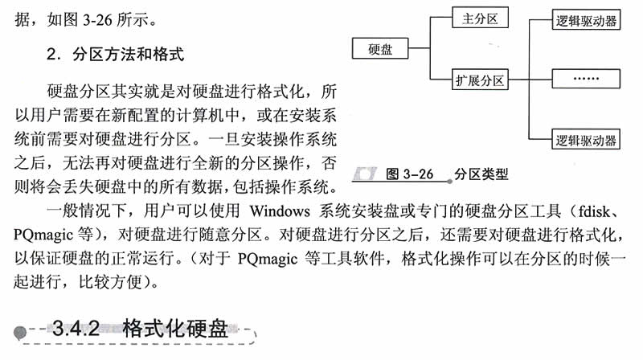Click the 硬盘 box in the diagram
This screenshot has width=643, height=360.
(x=380, y=48)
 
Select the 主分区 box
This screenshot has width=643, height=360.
(x=480, y=18)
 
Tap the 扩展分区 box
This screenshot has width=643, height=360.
(x=480, y=80)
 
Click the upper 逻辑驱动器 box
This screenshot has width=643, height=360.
(x=586, y=20)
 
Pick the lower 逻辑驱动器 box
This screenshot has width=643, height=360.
(x=586, y=139)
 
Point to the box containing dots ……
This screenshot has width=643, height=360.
(x=586, y=78)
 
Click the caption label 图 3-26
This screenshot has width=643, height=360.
(x=409, y=174)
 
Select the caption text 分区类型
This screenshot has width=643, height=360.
(x=481, y=174)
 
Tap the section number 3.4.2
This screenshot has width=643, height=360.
(x=76, y=328)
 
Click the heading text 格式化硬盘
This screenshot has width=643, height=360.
(x=175, y=328)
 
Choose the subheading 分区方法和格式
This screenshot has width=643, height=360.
(x=129, y=54)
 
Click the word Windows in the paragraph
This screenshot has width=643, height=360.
(x=280, y=211)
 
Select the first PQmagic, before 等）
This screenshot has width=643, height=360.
(x=43, y=235)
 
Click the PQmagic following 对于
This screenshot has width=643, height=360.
(x=268, y=259)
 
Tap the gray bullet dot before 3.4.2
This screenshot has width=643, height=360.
(x=19, y=332)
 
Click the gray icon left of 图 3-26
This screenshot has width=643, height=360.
(x=365, y=174)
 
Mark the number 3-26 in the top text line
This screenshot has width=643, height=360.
(x=97, y=19)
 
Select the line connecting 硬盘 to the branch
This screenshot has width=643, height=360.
(x=419, y=48)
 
